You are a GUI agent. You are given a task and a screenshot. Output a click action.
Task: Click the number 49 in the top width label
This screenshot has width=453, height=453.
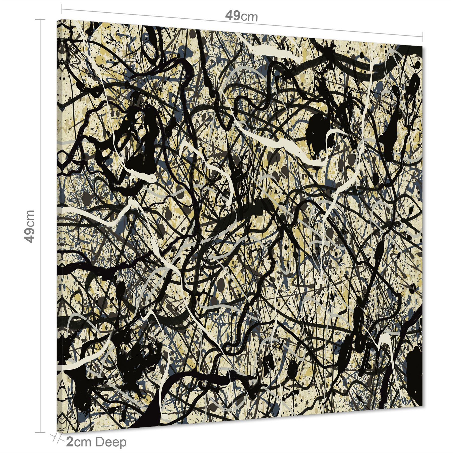[233, 16]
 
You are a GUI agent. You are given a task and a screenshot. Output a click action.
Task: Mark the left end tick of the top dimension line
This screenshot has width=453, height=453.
[61, 10]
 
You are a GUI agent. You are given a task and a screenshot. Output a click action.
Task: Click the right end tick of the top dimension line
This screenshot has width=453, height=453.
[423, 36]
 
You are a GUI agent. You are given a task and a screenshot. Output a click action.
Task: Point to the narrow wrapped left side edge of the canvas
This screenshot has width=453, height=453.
[58, 226]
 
